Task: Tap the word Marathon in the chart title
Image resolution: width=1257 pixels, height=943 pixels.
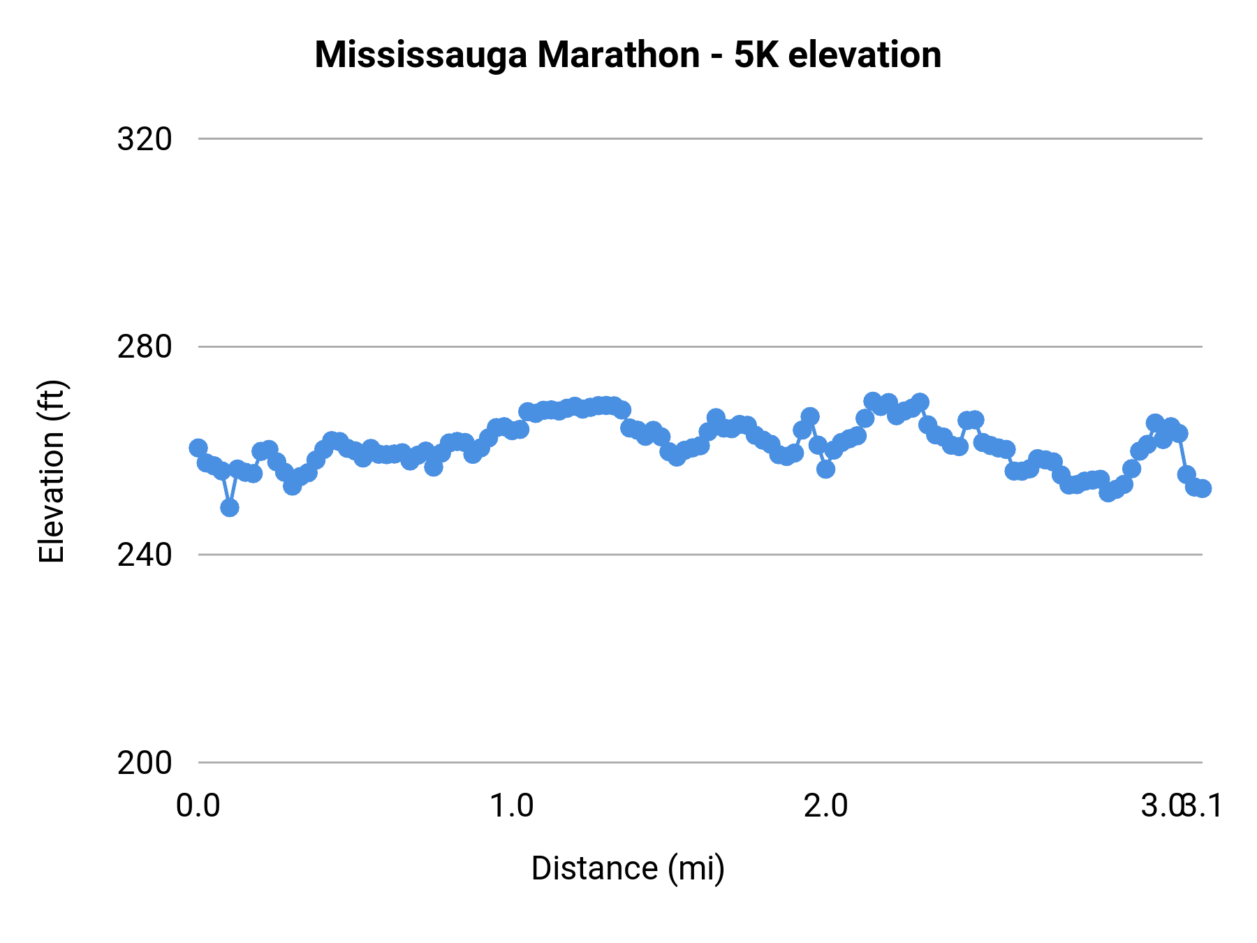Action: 618,54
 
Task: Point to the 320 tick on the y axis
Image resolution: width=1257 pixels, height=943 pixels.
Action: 145,139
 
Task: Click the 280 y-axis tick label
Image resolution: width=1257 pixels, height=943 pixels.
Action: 145,346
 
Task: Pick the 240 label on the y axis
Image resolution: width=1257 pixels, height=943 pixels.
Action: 145,555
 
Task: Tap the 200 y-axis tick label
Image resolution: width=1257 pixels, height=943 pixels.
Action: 145,763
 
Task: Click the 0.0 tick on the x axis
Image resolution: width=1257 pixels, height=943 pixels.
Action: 198,805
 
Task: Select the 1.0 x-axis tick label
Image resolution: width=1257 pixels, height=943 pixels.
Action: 511,805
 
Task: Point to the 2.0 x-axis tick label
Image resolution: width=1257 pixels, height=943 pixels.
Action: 825,805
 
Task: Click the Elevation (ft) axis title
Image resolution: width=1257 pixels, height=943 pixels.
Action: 52,471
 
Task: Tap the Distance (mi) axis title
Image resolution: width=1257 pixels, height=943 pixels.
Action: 628,868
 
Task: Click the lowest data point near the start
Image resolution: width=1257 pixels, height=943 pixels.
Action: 230,507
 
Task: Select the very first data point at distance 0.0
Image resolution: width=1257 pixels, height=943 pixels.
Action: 198,448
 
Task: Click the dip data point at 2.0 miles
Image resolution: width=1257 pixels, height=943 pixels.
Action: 826,469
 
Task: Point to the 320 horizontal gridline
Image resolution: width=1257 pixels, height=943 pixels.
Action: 698,139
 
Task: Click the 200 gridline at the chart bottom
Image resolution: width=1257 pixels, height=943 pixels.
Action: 698,762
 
